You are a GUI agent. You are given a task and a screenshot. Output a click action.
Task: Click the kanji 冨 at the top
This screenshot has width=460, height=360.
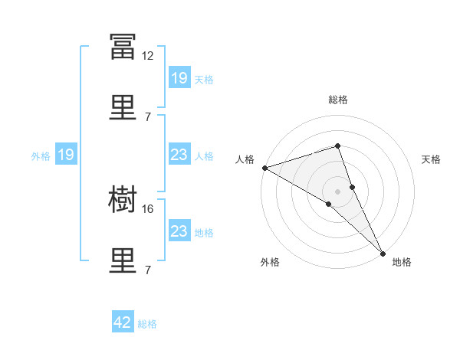click(x=123, y=46)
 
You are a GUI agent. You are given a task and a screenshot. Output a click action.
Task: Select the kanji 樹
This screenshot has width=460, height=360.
click(x=123, y=199)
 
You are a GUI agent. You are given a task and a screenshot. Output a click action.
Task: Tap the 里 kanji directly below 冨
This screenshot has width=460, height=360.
click(x=123, y=107)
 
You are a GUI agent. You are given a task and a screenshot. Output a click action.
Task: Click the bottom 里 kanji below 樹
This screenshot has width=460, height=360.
click(x=123, y=260)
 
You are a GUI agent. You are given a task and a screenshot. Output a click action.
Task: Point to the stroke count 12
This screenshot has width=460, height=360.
click(x=147, y=56)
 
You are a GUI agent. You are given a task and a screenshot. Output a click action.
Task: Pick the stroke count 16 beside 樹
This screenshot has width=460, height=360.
click(x=147, y=209)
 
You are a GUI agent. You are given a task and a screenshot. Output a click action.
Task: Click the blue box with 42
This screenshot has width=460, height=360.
click(x=123, y=321)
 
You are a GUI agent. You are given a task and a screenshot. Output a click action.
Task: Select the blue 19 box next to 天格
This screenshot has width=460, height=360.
click(x=179, y=77)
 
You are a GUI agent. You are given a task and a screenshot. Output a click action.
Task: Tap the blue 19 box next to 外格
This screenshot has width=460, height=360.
click(x=66, y=154)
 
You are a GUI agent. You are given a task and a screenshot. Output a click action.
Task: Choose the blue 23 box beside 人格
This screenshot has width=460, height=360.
click(x=179, y=154)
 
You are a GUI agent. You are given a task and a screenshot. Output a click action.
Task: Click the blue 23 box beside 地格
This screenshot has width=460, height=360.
click(x=179, y=230)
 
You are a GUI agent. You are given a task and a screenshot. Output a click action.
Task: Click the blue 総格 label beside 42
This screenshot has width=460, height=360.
click(x=147, y=324)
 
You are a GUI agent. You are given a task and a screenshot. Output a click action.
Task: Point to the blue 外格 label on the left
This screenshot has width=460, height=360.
click(x=41, y=156)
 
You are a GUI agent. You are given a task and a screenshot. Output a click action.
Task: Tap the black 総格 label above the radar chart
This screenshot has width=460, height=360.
click(x=338, y=100)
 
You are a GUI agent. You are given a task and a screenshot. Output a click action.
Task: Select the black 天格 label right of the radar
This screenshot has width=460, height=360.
click(x=431, y=159)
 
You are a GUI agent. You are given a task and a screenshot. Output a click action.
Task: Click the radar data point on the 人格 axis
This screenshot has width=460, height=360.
click(x=265, y=168)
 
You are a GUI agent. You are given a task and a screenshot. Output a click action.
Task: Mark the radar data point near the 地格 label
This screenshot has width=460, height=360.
click(x=383, y=254)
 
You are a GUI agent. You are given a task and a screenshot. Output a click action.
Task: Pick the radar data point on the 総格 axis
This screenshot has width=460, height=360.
click(x=337, y=146)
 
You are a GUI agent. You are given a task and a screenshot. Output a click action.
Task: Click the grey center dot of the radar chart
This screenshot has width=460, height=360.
click(x=337, y=191)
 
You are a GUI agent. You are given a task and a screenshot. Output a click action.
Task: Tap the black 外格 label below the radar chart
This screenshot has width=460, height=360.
click(x=270, y=262)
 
